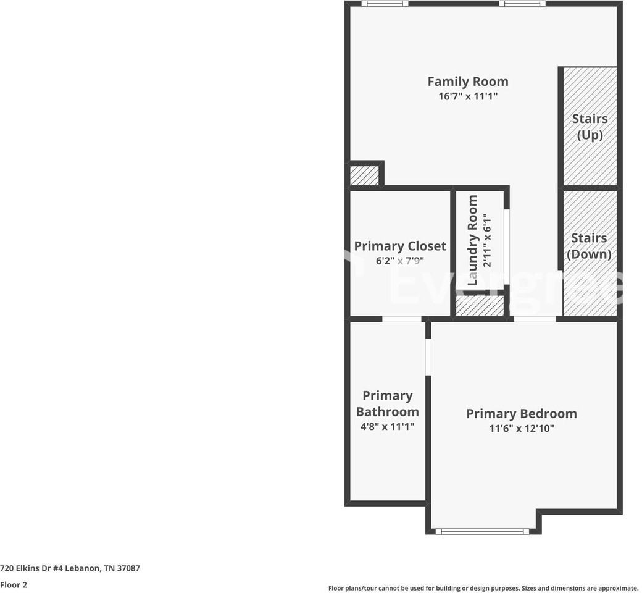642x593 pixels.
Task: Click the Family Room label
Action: click(467, 82)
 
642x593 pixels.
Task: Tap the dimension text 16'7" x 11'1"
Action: click(467, 96)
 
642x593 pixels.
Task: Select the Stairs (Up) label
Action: click(590, 127)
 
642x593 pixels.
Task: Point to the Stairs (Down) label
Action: click(589, 246)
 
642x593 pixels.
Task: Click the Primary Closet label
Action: click(399, 246)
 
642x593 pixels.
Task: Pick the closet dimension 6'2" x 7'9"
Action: click(399, 261)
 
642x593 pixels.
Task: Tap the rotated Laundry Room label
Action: click(473, 240)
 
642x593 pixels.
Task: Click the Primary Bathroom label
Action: click(387, 403)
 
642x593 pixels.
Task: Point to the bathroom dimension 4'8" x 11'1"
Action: click(387, 426)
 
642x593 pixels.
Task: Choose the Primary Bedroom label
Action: click(521, 414)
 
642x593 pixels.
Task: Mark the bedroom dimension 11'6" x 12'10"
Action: click(521, 429)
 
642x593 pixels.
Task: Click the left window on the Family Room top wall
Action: click(384, 4)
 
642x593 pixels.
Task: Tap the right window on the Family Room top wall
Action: click(522, 4)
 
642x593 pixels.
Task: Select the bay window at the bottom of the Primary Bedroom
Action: click(482, 531)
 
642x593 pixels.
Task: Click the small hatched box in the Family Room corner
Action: click(364, 175)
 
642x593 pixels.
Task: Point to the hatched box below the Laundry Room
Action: click(479, 306)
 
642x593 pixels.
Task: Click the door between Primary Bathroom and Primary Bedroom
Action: click(427, 356)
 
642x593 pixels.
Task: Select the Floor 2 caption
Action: click(14, 585)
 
